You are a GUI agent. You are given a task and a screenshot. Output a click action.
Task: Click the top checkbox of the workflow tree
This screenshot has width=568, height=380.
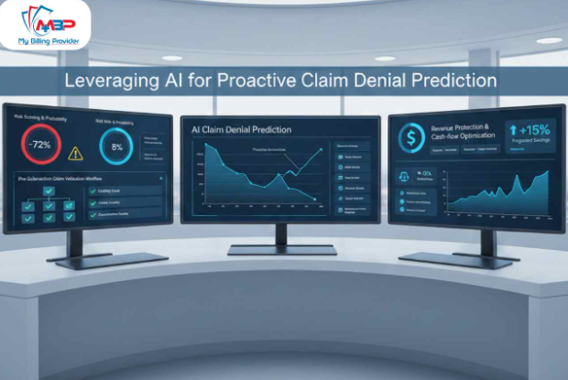click(49, 190)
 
